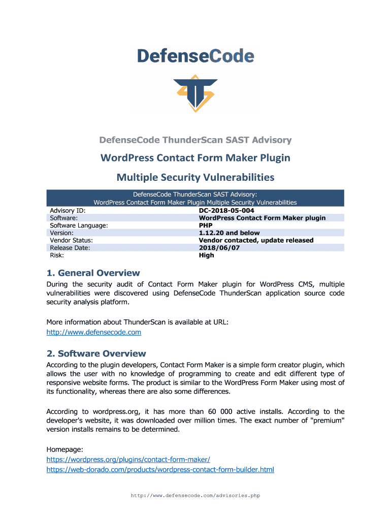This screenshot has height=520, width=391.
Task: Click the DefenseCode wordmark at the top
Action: point(195,55)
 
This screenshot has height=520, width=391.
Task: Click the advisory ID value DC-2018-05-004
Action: point(226,210)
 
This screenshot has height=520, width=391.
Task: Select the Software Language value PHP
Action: point(206,225)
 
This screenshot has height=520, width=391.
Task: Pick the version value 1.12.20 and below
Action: point(229,233)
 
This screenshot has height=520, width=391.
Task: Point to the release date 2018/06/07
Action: point(219,248)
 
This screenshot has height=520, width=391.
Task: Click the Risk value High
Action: point(206,255)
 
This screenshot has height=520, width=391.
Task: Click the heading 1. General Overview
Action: point(93,273)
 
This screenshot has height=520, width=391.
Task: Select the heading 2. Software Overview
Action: point(96,353)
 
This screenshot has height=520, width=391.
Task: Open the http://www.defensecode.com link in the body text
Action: point(93,332)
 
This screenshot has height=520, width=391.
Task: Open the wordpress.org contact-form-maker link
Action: point(128,459)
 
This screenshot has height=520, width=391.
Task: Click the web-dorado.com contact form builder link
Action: point(160,470)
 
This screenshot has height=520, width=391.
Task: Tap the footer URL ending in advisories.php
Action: point(195,496)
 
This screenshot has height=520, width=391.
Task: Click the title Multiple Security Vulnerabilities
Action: point(195,177)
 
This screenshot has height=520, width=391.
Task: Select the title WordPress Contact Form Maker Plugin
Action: point(195,157)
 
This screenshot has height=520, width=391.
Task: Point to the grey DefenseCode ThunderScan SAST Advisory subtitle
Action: point(195,140)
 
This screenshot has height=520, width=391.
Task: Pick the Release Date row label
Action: point(70,248)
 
